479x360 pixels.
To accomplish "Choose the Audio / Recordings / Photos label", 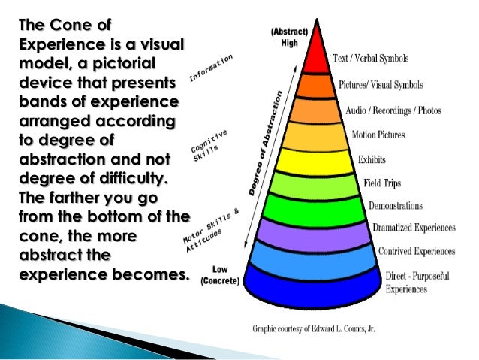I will pos(393,110).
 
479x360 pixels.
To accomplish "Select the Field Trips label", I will pos(383,183).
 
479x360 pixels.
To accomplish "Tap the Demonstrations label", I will pos(395,205).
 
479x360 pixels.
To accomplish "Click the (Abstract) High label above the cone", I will pos(289,38).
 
